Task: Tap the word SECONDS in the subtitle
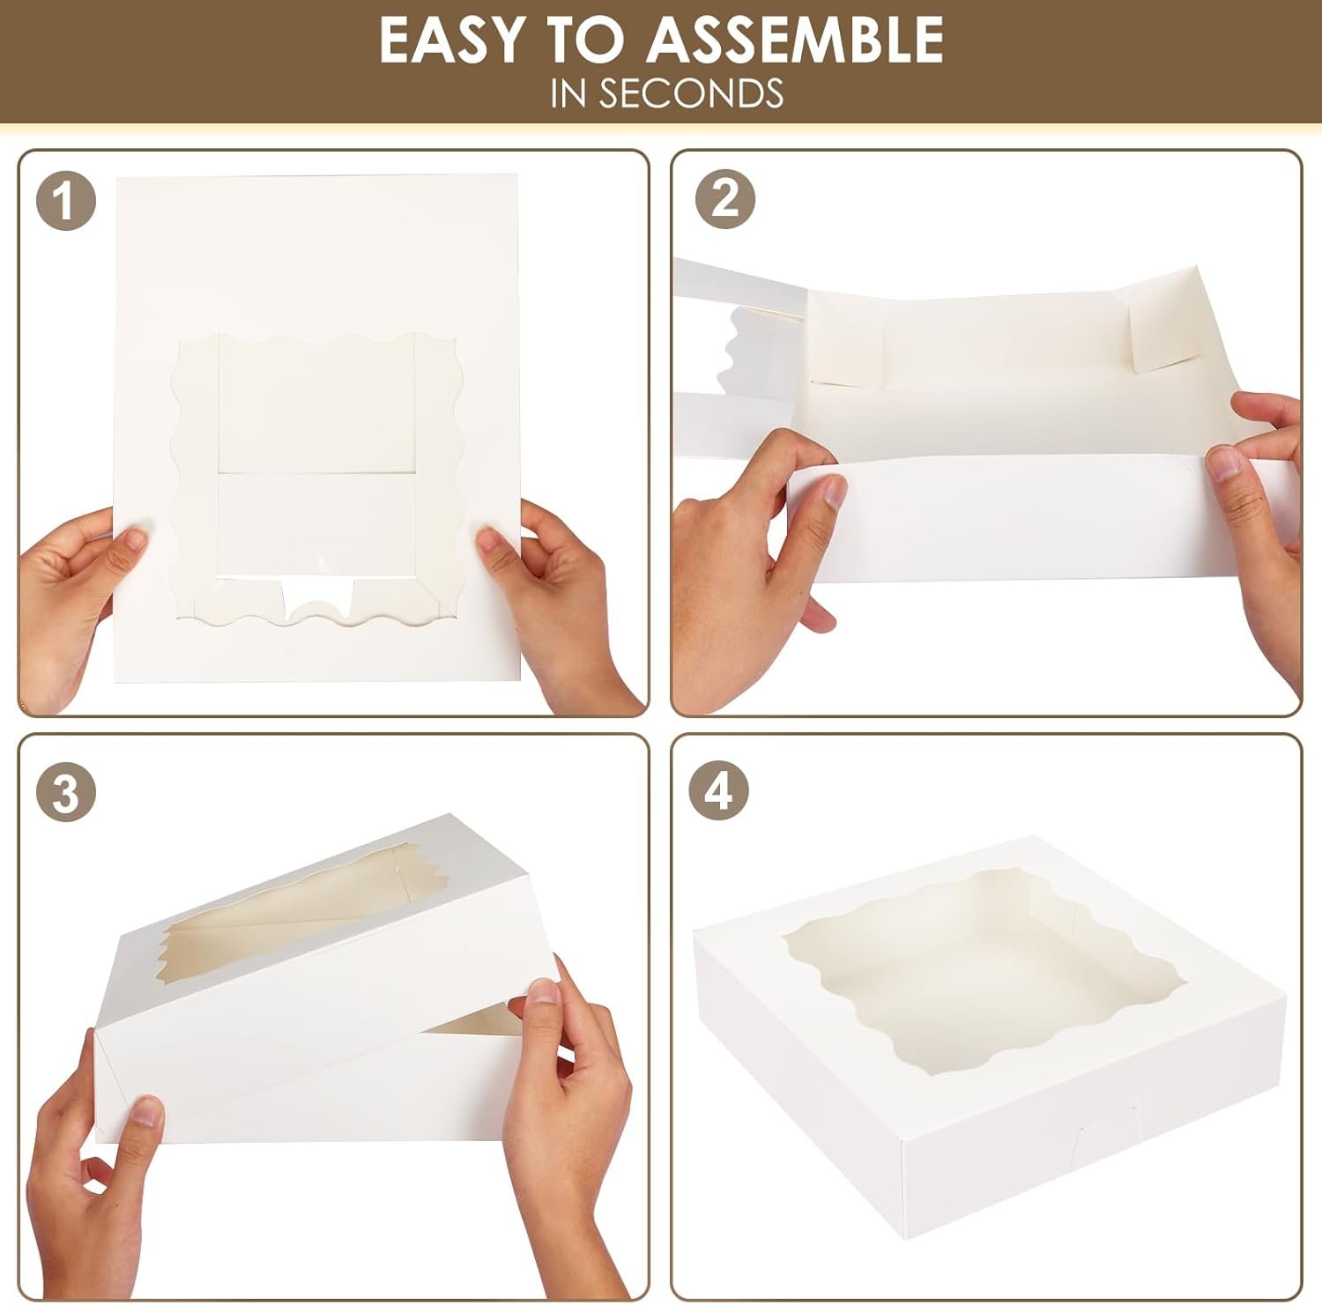(691, 93)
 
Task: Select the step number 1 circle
(65, 202)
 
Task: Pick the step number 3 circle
(65, 794)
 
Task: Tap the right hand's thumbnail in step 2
(1223, 463)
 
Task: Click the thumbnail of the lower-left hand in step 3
(147, 1114)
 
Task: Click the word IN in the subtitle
(569, 93)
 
